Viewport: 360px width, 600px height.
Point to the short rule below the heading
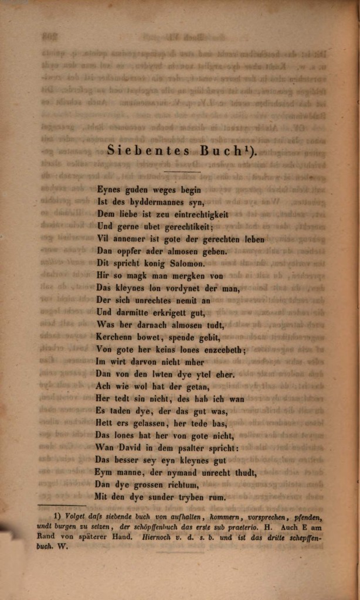pos(182,172)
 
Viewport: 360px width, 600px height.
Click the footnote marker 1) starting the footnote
pos(57,517)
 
